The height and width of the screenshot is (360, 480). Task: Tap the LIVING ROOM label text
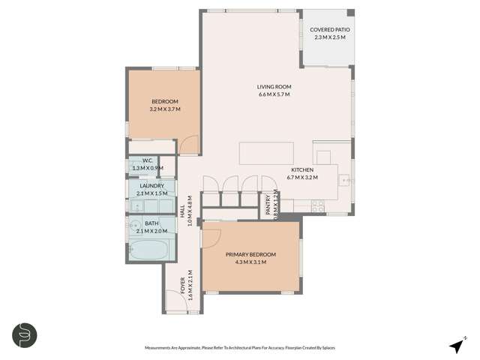point(274,87)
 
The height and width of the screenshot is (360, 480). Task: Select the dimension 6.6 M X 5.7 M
point(274,95)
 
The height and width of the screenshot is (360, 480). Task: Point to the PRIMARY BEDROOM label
point(251,254)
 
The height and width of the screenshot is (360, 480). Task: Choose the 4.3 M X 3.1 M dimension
point(251,262)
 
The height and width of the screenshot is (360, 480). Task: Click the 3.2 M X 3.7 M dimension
point(165,109)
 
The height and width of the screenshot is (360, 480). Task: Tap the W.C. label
point(148,160)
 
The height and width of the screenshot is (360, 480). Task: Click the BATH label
point(151,223)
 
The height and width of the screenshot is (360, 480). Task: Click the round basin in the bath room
point(136,223)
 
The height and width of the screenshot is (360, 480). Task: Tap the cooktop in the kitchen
point(317,203)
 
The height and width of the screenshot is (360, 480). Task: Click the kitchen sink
point(345,180)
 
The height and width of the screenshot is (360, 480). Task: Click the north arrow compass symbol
point(456,345)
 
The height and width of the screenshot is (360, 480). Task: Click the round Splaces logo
point(25,334)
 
